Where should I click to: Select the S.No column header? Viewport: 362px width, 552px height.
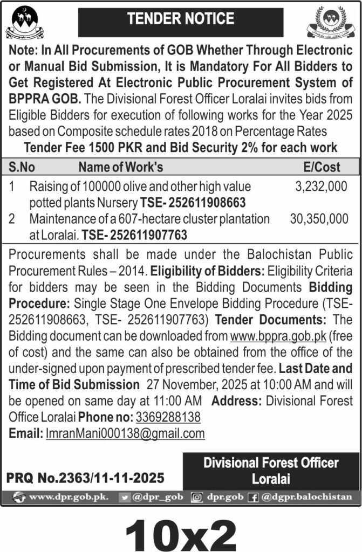tap(22, 167)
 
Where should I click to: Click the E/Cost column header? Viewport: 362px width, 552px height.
tap(323, 167)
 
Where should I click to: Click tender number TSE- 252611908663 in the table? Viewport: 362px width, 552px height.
tap(193, 203)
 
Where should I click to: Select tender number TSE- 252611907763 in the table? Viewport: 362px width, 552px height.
tap(134, 234)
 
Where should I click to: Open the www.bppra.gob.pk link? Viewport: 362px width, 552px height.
tap(273, 337)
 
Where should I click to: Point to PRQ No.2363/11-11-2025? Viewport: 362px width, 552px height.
tap(85, 477)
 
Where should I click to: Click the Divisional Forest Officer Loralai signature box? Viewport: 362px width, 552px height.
tap(271, 470)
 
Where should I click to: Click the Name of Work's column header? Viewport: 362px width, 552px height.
tap(121, 167)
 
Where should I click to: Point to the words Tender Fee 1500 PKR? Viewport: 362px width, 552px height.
tap(84, 147)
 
